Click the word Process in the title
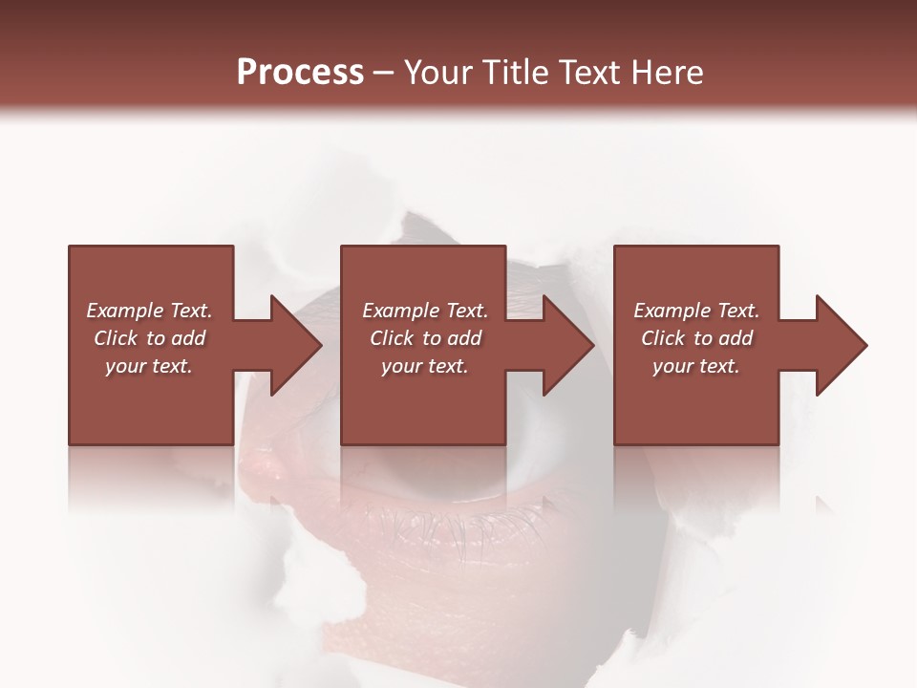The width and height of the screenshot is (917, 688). point(300,73)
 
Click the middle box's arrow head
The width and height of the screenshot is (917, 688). point(567,345)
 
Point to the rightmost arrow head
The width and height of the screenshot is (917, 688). point(841,345)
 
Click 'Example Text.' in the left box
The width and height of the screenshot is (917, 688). point(149,311)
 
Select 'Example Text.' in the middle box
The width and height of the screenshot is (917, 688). point(425,311)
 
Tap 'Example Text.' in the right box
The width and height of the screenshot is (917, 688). point(696,311)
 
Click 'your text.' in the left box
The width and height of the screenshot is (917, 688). point(149,366)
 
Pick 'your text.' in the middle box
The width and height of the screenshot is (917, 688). point(425,366)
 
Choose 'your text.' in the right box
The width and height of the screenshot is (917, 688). point(696,366)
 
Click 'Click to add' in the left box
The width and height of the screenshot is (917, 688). point(149,338)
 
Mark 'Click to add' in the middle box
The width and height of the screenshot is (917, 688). point(425,338)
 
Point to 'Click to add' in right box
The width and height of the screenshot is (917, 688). point(696,338)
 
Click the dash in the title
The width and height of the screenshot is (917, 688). point(383,74)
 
